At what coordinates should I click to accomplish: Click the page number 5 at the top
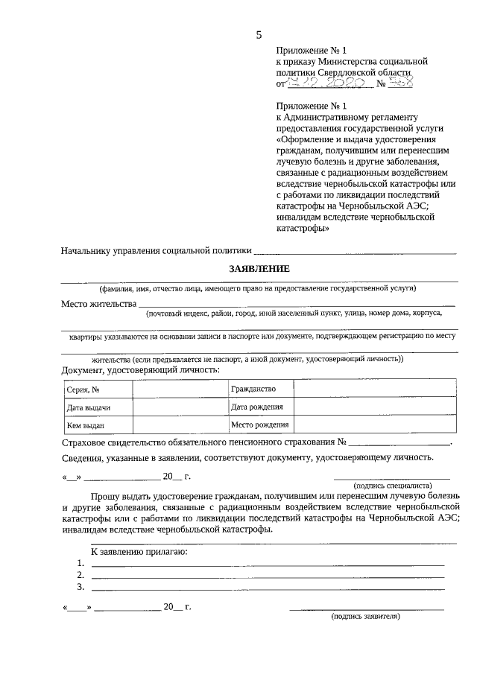[259, 34]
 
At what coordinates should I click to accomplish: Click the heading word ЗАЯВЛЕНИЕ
[259, 268]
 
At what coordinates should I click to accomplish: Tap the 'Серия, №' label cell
[83, 390]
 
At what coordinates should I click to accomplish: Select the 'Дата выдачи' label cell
[89, 407]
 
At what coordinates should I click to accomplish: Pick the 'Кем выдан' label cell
[85, 425]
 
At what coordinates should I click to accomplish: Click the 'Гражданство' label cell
[253, 389]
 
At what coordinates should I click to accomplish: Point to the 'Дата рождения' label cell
[257, 407]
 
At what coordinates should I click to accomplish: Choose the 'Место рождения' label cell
[259, 425]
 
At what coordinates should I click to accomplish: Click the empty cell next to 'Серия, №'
[179, 390]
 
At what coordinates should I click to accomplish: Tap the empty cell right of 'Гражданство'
[376, 389]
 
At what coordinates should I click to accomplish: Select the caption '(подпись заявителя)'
[366, 617]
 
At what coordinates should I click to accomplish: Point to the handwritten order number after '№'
[402, 83]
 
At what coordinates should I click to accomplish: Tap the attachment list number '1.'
[80, 563]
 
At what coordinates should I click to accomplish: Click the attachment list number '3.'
[80, 587]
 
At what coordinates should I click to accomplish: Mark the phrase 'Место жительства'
[98, 303]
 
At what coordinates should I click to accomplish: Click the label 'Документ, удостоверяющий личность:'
[140, 369]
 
